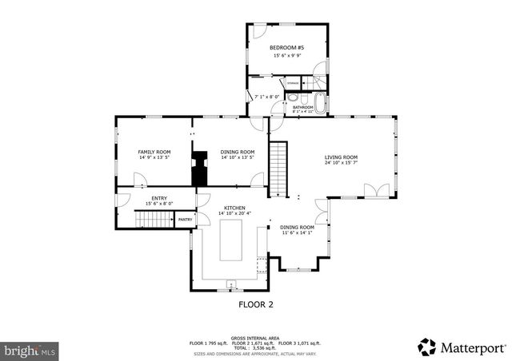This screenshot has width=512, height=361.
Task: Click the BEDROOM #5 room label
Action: tap(286, 48)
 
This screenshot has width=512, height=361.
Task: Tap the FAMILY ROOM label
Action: tap(154, 152)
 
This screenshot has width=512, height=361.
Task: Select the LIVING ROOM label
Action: tap(341, 157)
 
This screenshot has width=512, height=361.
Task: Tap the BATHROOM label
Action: tap(302, 106)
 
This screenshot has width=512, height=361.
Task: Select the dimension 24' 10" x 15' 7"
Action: tap(341, 163)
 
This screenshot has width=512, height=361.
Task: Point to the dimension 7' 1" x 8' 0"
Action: tap(266, 97)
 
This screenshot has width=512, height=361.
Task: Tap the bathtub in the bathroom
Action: tap(321, 103)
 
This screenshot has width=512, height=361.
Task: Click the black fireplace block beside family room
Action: tap(196, 171)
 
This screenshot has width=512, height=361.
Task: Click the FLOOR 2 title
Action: tap(256, 304)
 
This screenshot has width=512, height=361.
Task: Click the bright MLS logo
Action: tap(30, 350)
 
